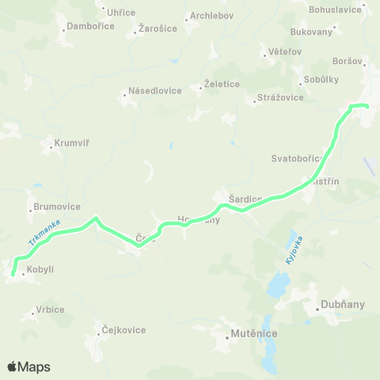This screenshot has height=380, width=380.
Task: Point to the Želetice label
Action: pos(226,83)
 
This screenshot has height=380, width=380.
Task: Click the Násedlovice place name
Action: pos(155,90)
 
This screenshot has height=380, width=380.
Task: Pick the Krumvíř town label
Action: pos(69,144)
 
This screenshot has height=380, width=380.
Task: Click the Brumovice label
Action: pos(57,207)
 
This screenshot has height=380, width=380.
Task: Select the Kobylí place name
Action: pos(40,270)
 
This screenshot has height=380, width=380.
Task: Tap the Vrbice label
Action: pos(50,310)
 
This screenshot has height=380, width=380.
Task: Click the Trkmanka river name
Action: pos(44,232)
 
